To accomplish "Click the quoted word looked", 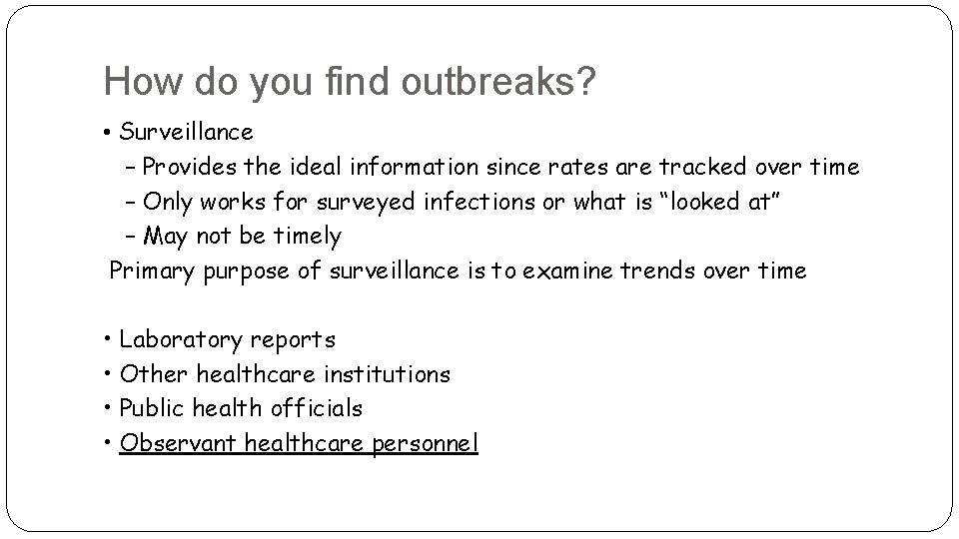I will tap(713, 202).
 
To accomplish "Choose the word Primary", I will tap(151, 270).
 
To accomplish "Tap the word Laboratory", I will tap(181, 340).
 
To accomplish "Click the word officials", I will tap(316, 408).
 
